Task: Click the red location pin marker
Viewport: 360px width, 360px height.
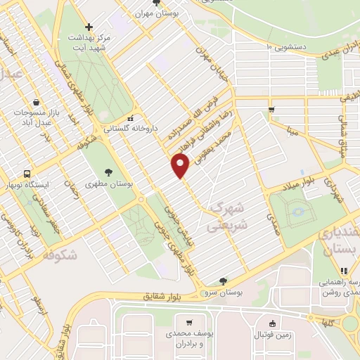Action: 181,165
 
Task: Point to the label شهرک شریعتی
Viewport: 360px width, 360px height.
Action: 227,218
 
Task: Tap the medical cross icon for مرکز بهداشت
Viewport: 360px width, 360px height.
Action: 88,26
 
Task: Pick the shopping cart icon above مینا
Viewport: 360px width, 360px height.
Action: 271,109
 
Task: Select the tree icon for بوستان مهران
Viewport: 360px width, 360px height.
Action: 175,3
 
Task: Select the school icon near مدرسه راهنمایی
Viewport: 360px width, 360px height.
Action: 344,271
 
